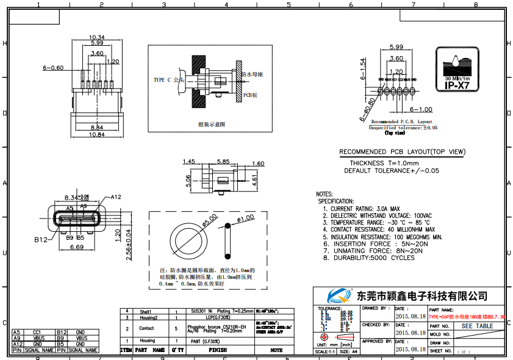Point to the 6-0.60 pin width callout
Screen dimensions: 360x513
pos(53,68)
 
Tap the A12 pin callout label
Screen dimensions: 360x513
pos(116,196)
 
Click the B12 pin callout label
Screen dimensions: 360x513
pos(41,240)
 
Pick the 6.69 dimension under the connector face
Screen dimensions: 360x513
pos(76,248)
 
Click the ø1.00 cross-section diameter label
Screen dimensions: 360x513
pos(245,218)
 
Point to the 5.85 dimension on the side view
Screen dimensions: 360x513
pos(223,162)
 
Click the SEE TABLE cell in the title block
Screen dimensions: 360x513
pos(477,326)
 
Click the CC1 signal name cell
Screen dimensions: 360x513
pos(37,332)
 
